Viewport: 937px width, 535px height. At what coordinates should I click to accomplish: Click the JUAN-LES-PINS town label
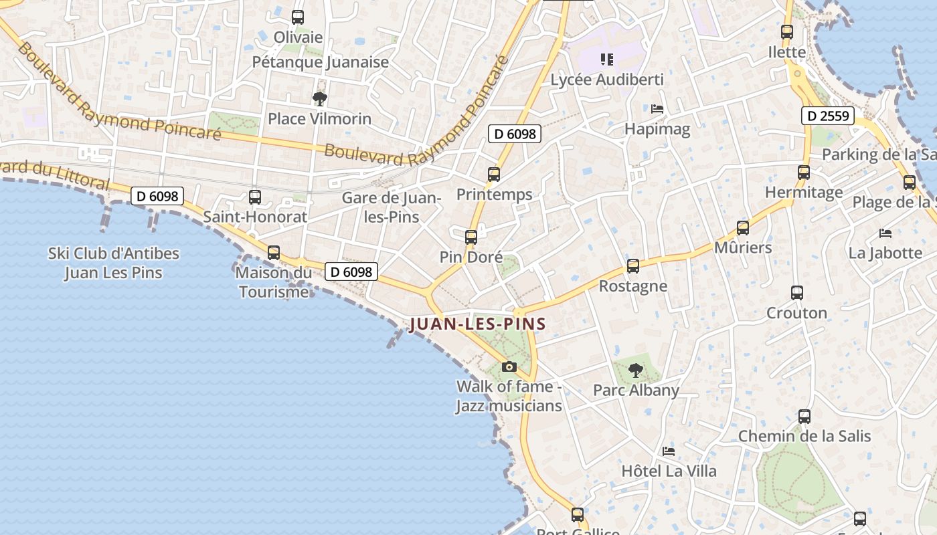coord(478,324)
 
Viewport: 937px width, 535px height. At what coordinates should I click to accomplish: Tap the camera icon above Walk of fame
coord(509,366)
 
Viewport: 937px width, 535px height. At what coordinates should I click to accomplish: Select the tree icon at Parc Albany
coord(635,370)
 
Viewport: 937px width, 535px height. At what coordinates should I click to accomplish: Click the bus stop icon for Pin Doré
coord(471,237)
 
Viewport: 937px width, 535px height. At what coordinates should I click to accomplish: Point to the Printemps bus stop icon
coord(494,175)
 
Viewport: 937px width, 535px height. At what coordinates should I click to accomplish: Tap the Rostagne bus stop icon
coord(632,266)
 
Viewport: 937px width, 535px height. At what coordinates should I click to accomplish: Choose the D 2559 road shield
coord(828,116)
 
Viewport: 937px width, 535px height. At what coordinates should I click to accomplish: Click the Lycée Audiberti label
coord(607,80)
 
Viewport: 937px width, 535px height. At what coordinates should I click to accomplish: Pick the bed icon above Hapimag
coord(657,108)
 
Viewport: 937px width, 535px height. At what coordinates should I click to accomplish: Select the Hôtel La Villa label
coord(669,471)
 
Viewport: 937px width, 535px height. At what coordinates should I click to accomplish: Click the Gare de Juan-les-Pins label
coord(391,207)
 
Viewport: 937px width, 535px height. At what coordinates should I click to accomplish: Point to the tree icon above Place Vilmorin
coord(320,99)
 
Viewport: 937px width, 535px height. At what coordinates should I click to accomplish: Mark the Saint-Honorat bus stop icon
coord(255,197)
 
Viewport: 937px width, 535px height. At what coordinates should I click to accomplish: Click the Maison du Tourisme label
coord(274,282)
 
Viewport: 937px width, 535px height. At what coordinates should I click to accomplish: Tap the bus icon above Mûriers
coord(742,228)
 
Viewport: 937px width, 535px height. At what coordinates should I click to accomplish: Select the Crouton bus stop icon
coord(796,293)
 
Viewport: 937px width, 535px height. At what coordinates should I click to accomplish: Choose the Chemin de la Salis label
coord(804,436)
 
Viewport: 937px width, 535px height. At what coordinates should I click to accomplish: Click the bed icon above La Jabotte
coord(885,233)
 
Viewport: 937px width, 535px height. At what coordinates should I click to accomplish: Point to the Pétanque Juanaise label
coord(321,62)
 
